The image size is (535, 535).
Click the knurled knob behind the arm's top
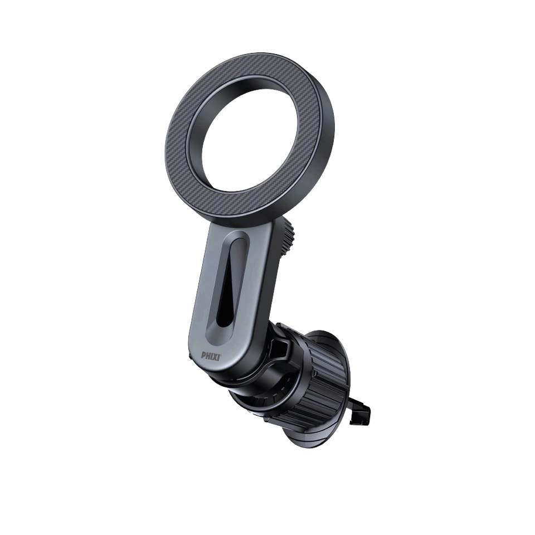point(286,238)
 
